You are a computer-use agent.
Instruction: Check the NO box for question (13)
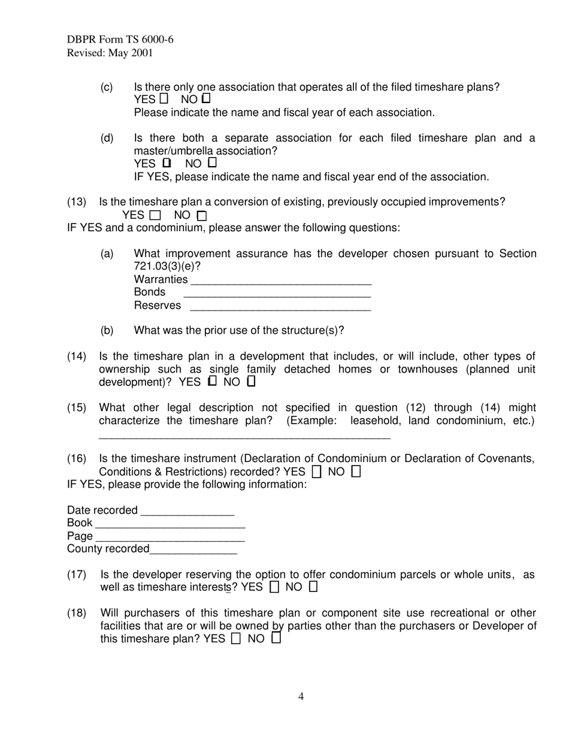coord(202,215)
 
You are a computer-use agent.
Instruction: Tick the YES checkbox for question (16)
coord(317,472)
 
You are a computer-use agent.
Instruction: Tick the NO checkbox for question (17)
coord(313,587)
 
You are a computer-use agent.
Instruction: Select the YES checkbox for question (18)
coord(236,639)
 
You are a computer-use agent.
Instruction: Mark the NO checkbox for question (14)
coord(251,381)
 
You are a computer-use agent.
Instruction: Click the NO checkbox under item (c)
coord(206,99)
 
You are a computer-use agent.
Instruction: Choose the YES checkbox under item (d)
coord(167,162)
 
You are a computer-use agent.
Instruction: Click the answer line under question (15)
coord(244,437)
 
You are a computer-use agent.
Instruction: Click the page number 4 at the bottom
coord(301,696)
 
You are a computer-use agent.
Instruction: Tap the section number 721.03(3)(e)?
coord(167,266)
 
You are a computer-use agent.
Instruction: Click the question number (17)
coord(77,575)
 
